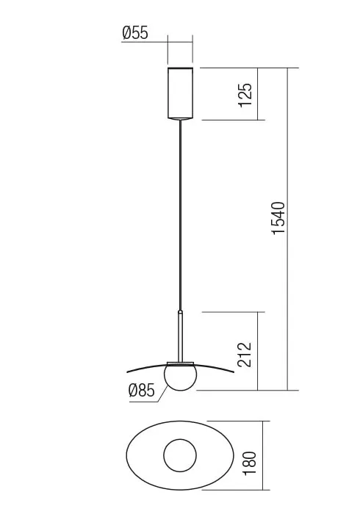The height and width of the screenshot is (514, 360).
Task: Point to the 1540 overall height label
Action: (x=278, y=217)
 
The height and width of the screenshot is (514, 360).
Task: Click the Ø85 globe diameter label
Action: (x=142, y=391)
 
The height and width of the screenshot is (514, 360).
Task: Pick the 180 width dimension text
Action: (x=250, y=460)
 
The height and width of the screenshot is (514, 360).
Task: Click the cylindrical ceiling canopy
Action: (x=180, y=93)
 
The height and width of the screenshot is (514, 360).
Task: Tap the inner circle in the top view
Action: (x=180, y=457)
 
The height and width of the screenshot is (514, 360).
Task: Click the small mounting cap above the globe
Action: (x=180, y=363)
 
